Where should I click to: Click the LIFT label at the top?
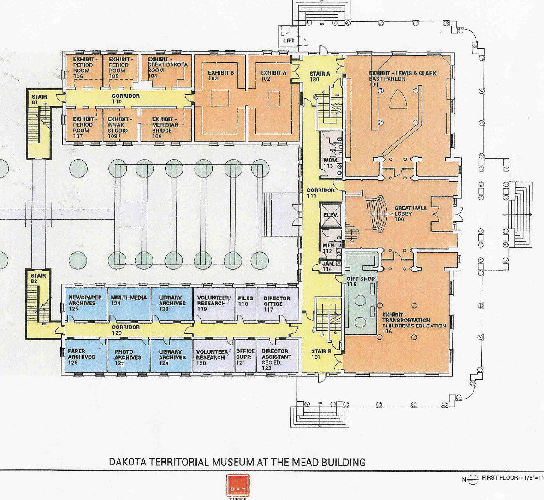289,41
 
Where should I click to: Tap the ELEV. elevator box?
330,215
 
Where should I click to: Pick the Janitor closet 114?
329,266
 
